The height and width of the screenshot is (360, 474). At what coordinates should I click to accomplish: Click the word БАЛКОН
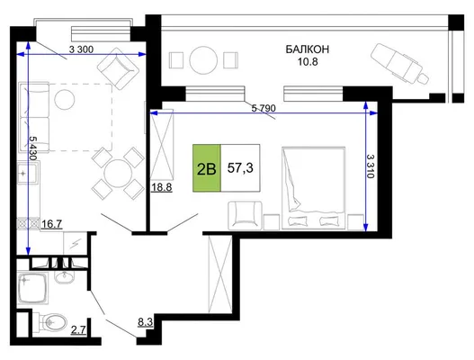(307, 49)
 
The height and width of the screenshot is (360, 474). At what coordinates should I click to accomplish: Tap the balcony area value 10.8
(308, 62)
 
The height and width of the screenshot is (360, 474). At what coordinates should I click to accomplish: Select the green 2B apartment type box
(207, 168)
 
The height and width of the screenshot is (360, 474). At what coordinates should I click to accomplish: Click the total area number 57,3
(240, 167)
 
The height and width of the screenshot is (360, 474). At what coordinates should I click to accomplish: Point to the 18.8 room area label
(162, 187)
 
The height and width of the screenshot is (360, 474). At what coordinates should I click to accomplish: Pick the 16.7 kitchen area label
(51, 224)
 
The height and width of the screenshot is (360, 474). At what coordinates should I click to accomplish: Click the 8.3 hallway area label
(145, 322)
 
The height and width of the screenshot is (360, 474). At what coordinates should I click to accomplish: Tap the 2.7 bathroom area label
(78, 329)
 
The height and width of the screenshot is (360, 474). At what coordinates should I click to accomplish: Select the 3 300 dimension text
(81, 49)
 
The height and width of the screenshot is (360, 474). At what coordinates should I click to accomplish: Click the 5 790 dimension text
(264, 108)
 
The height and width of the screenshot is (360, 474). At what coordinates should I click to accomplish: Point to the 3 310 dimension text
(371, 166)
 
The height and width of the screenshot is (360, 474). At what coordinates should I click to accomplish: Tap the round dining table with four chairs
(118, 174)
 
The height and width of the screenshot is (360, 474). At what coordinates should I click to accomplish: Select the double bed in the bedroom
(314, 188)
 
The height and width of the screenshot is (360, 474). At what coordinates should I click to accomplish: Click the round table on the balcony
(203, 60)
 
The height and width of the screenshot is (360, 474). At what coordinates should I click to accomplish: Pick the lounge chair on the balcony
(399, 64)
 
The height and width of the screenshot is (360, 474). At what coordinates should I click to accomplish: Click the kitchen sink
(29, 173)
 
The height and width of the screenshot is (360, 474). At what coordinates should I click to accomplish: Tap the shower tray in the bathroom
(33, 288)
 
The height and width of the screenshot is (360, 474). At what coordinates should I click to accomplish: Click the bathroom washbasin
(64, 276)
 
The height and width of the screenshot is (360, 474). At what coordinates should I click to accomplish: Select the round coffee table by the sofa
(65, 100)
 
